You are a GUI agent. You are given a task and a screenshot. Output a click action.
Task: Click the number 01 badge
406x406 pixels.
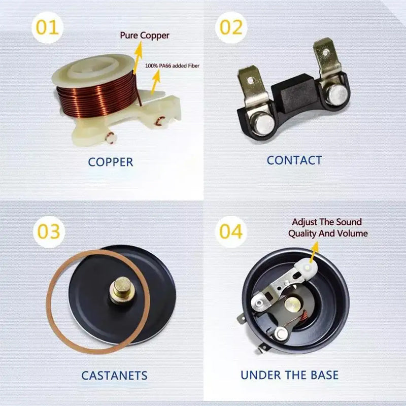pyautogui.click(x=47, y=27)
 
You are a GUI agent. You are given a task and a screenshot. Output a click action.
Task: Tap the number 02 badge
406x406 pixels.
pyautogui.click(x=231, y=27)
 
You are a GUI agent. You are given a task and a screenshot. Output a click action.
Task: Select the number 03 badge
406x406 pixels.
pyautogui.click(x=49, y=231)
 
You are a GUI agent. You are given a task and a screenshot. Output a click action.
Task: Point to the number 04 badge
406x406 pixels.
pyautogui.click(x=231, y=231)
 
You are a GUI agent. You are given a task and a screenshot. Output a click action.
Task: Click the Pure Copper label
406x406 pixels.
pyautogui.click(x=145, y=36)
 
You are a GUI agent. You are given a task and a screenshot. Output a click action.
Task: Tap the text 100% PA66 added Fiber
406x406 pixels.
pyautogui.click(x=172, y=66)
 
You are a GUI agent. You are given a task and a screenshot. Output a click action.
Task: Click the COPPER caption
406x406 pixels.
pyautogui.click(x=111, y=162)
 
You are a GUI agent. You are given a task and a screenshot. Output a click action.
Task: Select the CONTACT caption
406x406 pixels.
pyautogui.click(x=294, y=160)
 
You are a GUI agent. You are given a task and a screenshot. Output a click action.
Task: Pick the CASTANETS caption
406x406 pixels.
pyautogui.click(x=114, y=376)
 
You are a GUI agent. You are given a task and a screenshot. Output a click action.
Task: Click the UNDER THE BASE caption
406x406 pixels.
pyautogui.click(x=289, y=375)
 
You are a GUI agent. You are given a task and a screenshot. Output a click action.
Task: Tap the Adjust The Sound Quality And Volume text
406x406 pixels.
pyautogui.click(x=328, y=227)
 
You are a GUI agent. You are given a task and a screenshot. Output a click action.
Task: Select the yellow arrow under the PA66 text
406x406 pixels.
pyautogui.click(x=155, y=82)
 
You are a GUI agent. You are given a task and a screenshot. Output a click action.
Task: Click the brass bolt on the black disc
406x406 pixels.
pyautogui.click(x=121, y=290)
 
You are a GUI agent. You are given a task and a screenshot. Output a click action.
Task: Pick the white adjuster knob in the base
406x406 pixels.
pyautogui.click(x=307, y=268)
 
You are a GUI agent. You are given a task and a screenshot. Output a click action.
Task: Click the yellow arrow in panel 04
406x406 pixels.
pyautogui.click(x=314, y=252)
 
